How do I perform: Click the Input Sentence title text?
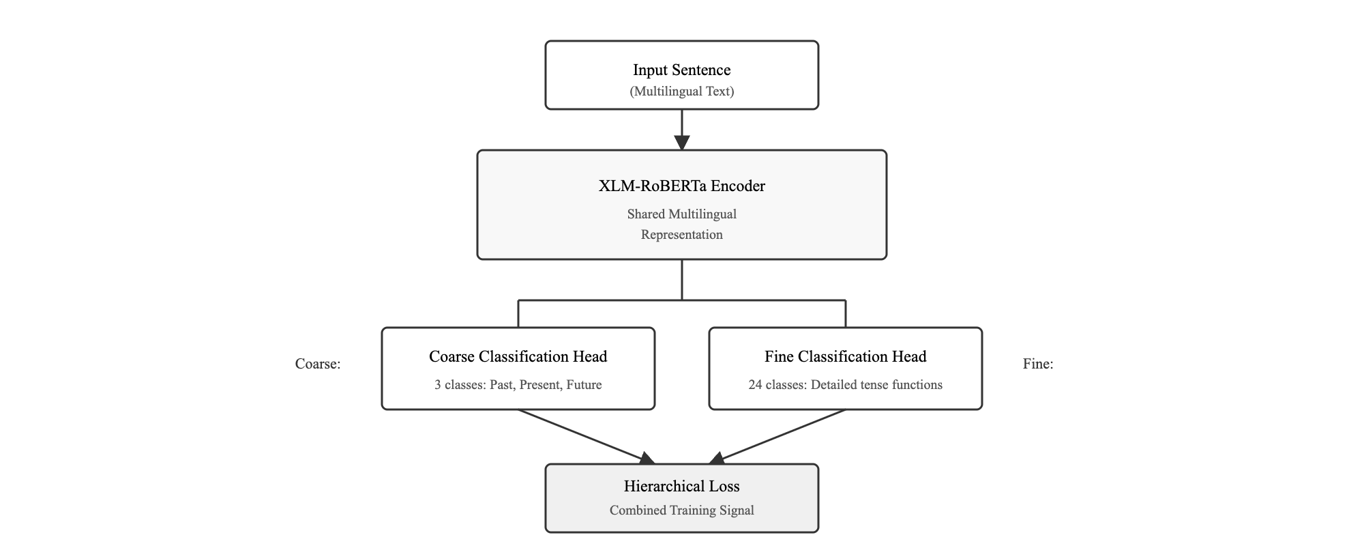681,70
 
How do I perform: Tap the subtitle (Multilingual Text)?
681,91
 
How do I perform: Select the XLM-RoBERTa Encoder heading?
681,186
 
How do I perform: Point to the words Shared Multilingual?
681,214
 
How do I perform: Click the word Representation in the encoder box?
681,235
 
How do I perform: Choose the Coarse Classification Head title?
518,357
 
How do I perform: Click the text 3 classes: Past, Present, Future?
518,385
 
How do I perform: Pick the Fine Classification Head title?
845,357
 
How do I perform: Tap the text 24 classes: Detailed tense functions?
845,385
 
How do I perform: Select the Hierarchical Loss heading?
681,487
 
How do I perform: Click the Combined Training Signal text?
681,511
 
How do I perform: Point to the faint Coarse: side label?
318,364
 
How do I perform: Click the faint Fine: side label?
1037,364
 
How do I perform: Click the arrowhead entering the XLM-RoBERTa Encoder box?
682,143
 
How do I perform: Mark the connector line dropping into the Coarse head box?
518,314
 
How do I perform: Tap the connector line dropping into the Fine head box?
846,314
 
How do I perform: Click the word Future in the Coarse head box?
584,385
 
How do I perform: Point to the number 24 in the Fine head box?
755,385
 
